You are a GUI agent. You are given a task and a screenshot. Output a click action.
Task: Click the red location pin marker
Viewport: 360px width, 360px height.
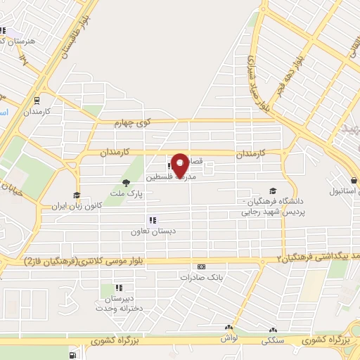180,165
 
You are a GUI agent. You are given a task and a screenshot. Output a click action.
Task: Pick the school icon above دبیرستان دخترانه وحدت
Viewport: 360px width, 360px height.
118,288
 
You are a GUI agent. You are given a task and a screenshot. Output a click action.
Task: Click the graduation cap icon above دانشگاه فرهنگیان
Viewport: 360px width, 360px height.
273,191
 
